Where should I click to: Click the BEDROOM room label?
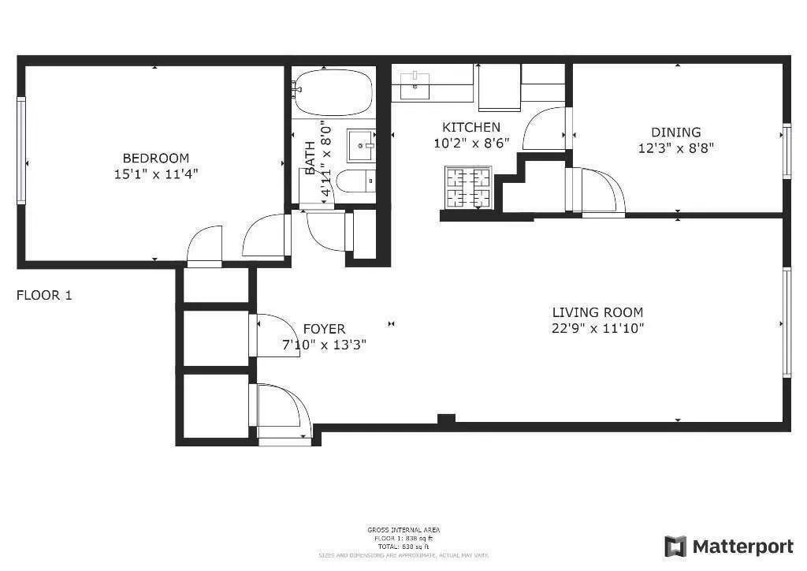(155, 158)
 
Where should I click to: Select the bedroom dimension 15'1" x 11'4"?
(155, 174)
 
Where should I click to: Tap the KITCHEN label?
(470, 127)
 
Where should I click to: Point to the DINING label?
(675, 132)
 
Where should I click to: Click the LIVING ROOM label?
(597, 312)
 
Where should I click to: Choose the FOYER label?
(324, 329)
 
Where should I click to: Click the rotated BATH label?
(310, 157)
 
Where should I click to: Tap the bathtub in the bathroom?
(333, 92)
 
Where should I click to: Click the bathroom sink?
(362, 145)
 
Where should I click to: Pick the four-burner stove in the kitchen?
(468, 187)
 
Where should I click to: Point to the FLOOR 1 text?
(44, 296)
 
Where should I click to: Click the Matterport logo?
(729, 547)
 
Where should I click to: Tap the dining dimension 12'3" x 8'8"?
(675, 147)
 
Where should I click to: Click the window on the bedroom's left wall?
(21, 150)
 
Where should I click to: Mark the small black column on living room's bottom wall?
(446, 420)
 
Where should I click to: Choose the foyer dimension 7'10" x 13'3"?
(324, 345)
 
